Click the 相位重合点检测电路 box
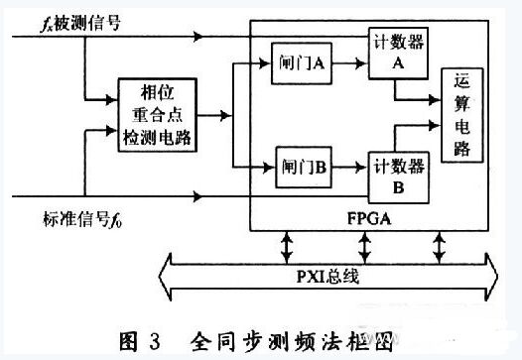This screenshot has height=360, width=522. [158, 115]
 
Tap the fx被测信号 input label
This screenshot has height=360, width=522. [65, 21]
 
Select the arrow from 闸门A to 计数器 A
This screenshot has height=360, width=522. [345, 64]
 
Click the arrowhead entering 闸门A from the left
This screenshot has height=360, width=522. [263, 64]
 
